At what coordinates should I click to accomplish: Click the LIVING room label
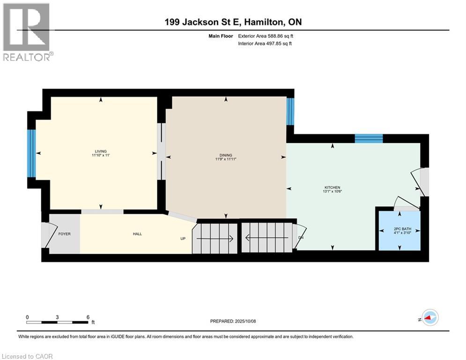tap(101, 151)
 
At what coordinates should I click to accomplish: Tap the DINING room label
tap(226, 156)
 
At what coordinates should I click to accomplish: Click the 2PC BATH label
tap(399, 228)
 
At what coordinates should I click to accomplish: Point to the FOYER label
tap(64, 234)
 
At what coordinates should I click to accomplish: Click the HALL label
tap(137, 234)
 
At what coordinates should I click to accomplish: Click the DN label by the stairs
tap(301, 238)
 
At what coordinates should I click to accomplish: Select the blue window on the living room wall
tap(31, 153)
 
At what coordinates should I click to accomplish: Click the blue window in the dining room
tap(290, 111)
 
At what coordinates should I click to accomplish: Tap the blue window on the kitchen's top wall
tap(369, 138)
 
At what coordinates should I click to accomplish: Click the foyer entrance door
tap(46, 235)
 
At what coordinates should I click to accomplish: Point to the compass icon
tap(429, 317)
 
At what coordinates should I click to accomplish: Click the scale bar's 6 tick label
tap(88, 317)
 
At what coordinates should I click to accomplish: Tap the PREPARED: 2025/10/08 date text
tap(233, 321)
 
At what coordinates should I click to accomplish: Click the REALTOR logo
tap(27, 32)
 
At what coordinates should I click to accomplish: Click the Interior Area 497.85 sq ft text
tap(266, 44)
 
